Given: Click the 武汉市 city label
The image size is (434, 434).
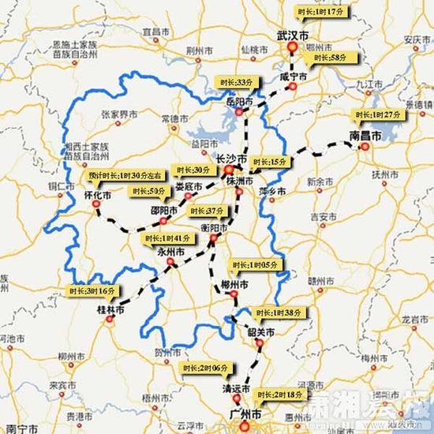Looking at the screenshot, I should point(294,37).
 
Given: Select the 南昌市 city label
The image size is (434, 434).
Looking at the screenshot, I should point(365,136).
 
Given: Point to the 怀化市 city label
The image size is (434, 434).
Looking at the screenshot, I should point(98,194).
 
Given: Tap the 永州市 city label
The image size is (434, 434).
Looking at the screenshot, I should point(171,253).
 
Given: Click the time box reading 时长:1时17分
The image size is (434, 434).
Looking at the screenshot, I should point(320,13).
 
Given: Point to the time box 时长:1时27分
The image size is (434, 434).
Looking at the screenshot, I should point(377,114).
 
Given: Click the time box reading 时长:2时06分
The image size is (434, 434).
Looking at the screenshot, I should point(204,369).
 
